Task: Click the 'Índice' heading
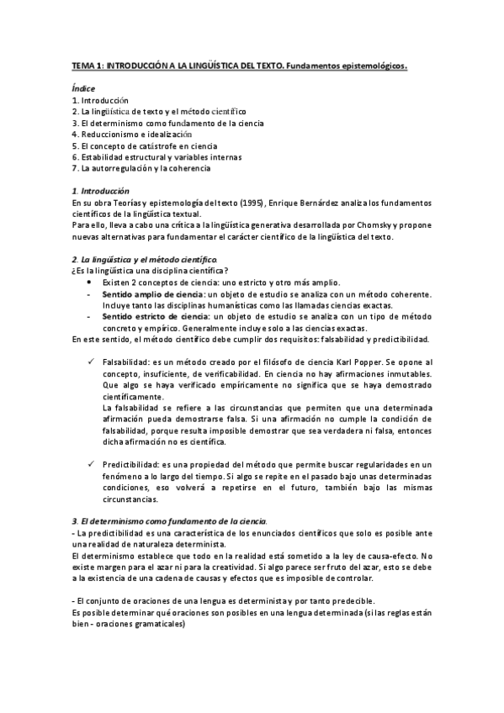83,89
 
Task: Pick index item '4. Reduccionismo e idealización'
132,134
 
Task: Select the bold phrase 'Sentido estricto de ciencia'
153,315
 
